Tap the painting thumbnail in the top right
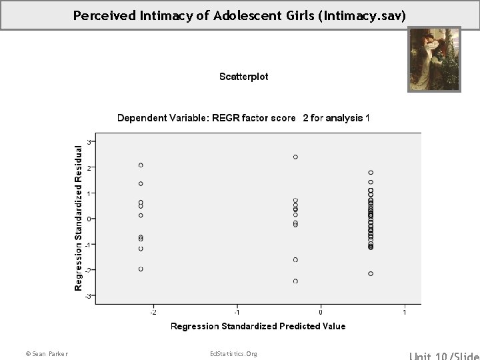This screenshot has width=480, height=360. point(434,59)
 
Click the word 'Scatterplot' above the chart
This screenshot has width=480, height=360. point(244,77)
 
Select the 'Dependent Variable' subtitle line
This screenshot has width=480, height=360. point(243,118)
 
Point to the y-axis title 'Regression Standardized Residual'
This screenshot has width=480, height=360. point(79,217)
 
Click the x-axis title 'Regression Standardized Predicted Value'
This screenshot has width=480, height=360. point(258,326)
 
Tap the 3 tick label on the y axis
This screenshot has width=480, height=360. point(89,141)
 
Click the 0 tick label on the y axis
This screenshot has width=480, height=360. point(89,219)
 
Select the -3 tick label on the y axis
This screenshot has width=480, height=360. point(89,295)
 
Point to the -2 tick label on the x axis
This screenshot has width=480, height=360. point(153,312)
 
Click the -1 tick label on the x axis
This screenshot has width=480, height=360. point(236,312)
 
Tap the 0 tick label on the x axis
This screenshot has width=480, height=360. point(321,312)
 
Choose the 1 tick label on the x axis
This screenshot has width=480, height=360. point(405,312)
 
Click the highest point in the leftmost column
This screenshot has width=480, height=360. point(141,165)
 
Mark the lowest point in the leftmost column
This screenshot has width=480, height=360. point(141,269)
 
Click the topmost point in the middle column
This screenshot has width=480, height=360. point(295,157)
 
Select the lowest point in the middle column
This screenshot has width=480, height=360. point(295,281)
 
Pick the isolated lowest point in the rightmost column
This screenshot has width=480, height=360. point(371,273)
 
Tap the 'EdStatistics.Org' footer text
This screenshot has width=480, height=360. point(233,353)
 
